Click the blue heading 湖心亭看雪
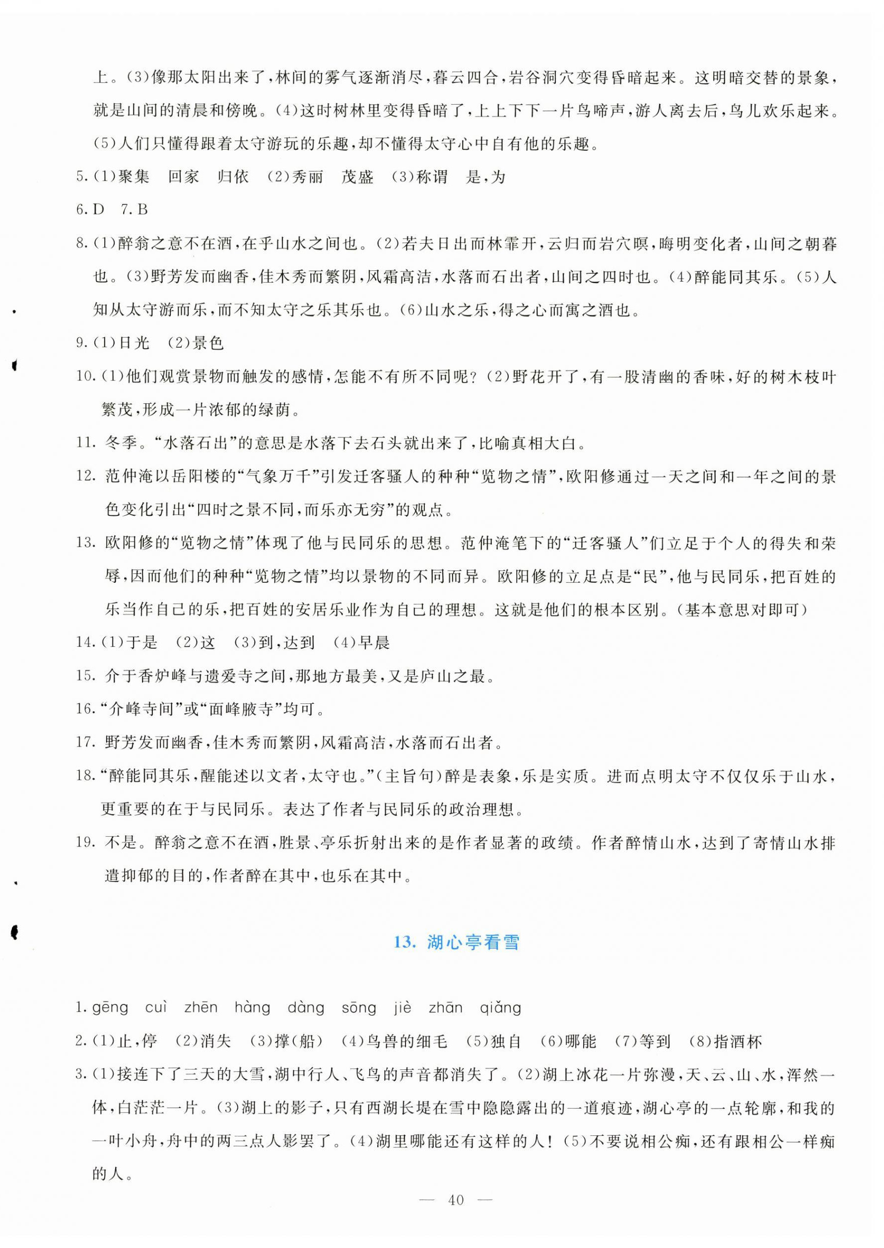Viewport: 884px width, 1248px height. (457, 943)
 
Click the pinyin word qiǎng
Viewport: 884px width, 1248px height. (501, 1008)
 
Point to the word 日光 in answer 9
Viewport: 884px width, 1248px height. (134, 343)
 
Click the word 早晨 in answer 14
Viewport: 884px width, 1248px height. (374, 642)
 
